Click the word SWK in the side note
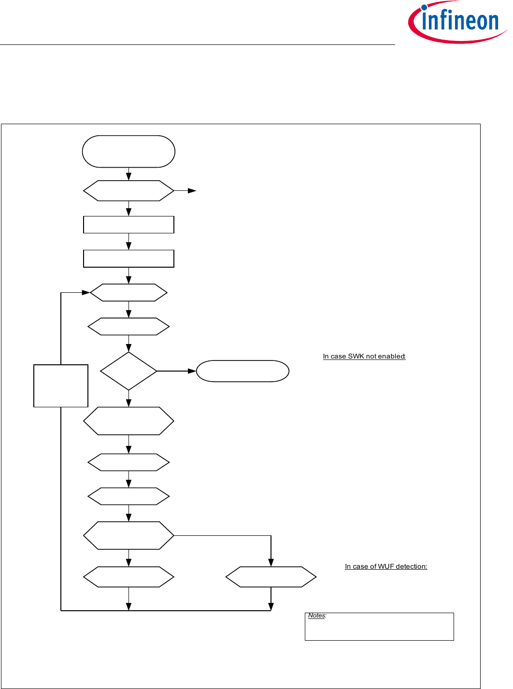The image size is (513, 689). pos(356,357)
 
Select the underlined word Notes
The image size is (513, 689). pos(317,616)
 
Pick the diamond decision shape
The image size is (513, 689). pos(128,371)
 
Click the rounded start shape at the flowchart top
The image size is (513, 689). pos(128,152)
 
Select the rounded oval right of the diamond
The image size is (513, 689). pos(242,371)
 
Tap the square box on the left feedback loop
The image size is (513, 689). pos(61,386)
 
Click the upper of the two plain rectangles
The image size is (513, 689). pos(128,225)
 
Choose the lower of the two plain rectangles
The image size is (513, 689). pos(128,258)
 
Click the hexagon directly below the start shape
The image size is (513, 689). pos(128,191)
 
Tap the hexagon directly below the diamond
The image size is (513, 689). pos(128,421)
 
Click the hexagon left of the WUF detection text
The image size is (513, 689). pos(271,577)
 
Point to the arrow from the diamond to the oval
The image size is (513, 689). pos(176,371)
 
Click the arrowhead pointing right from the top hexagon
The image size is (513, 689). pos(192,191)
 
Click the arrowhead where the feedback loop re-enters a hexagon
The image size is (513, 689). pos(86,293)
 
